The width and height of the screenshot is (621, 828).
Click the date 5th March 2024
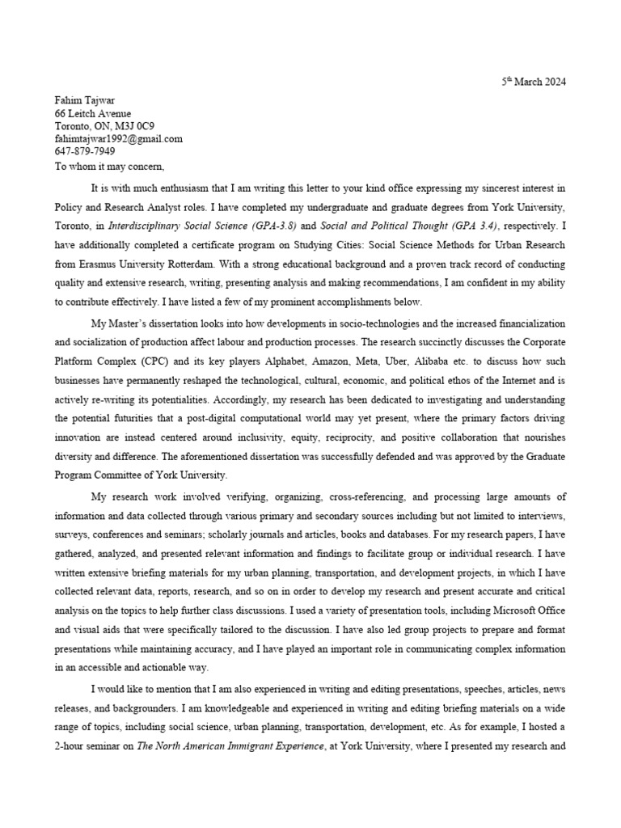point(534,82)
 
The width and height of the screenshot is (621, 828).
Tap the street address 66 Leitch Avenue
point(93,114)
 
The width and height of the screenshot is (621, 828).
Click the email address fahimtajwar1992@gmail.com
point(119,138)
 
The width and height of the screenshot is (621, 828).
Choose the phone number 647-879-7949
point(85,151)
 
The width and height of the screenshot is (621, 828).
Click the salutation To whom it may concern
point(109,167)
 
